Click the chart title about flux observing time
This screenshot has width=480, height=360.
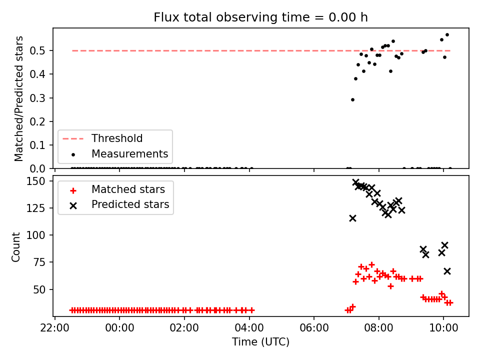(260, 17)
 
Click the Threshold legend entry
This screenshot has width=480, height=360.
(102, 138)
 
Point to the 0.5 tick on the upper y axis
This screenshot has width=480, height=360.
(37, 50)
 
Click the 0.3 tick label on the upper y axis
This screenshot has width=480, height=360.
(37, 98)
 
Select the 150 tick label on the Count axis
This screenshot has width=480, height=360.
(35, 181)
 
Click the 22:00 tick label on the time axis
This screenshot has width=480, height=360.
(55, 328)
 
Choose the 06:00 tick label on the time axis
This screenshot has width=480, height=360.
(314, 328)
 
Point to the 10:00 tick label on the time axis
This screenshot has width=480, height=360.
(443, 328)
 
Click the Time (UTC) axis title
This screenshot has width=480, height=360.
(260, 341)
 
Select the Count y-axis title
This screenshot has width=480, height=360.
(15, 246)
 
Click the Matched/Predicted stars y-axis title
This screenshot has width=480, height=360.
(18, 98)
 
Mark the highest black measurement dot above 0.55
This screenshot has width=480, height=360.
(447, 35)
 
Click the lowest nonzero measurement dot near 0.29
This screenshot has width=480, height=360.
(352, 100)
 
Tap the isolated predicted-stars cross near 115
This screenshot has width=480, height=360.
(352, 218)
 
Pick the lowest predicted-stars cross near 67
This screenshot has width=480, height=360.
(447, 271)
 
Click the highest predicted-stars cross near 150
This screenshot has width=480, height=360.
(355, 182)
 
